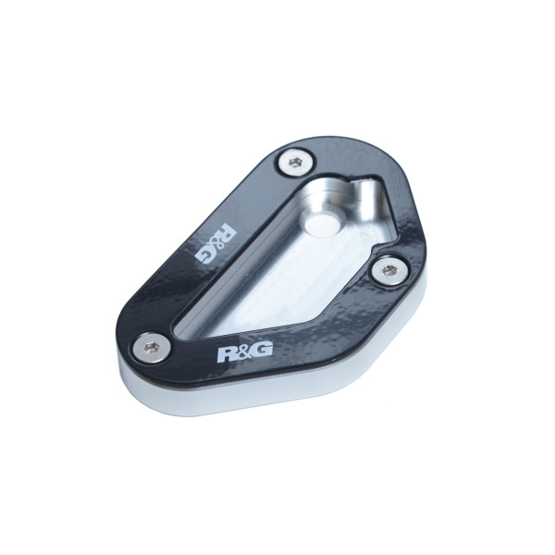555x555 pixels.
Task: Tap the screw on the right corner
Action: tap(388, 271)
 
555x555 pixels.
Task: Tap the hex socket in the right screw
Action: tap(388, 271)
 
